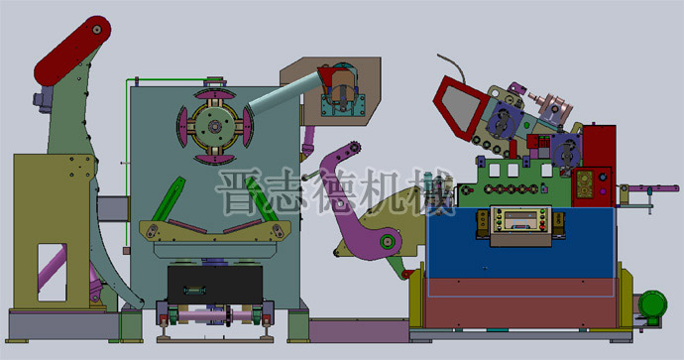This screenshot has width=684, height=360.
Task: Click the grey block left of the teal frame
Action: pos(112,208)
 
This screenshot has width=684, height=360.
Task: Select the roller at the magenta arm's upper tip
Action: pos(346,153)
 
